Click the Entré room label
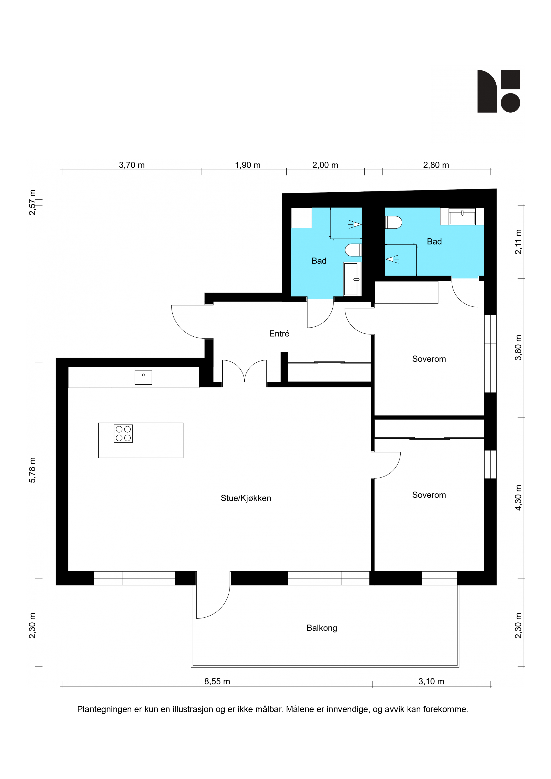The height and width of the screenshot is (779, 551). (x=279, y=334)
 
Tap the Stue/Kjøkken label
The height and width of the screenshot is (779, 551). (x=246, y=498)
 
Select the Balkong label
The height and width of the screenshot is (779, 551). (x=321, y=628)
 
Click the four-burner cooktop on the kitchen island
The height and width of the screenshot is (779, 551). (x=123, y=434)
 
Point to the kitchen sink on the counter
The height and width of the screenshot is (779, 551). (x=143, y=377)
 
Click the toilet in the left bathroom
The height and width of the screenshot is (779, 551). (x=353, y=250)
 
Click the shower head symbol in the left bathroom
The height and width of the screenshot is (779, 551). (x=355, y=224)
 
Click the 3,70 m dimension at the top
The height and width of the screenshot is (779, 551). (x=132, y=165)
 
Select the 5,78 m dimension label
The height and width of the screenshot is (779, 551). (x=32, y=470)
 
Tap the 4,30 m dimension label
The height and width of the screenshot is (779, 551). (x=518, y=498)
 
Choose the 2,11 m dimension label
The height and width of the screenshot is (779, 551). (x=518, y=242)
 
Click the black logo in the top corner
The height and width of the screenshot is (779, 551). (x=499, y=91)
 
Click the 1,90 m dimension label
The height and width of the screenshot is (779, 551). (x=248, y=165)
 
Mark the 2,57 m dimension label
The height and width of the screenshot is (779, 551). (x=32, y=203)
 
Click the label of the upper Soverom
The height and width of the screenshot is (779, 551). (x=429, y=359)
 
